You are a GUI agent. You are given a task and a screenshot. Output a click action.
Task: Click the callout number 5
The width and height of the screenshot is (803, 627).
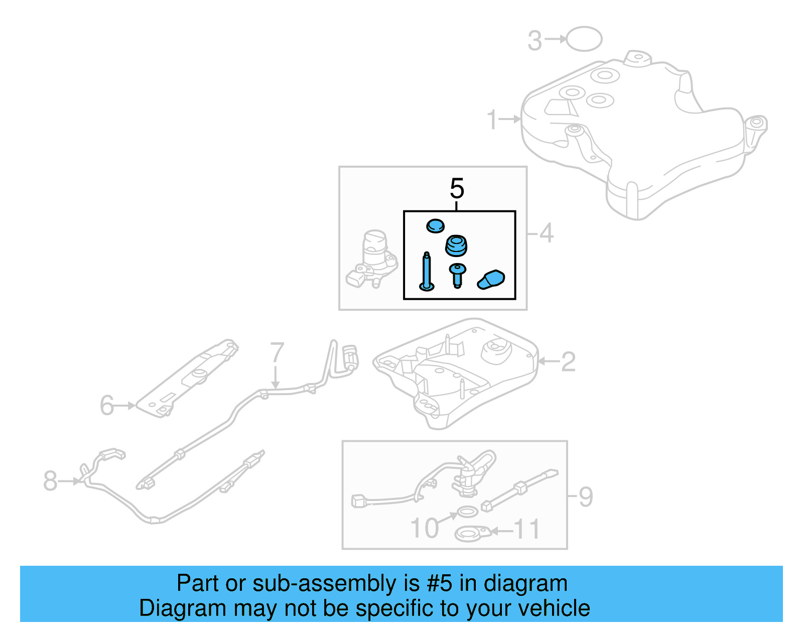pos(457,189)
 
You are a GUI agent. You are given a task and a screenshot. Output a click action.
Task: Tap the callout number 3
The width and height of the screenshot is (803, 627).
pos(534,41)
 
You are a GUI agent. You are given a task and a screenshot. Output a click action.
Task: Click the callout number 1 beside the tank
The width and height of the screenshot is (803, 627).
pos(492,119)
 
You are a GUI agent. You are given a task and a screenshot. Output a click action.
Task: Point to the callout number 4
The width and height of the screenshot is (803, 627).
pos(546,233)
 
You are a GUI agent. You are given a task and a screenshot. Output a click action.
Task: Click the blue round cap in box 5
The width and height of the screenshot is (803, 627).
pos(435,226)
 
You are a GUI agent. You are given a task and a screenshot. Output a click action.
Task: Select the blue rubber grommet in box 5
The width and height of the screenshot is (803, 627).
pos(456,245)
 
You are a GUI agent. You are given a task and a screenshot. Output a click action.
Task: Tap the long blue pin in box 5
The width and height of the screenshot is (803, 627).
pos(427,273)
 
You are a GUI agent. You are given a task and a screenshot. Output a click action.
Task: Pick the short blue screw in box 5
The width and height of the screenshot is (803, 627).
pos(457,275)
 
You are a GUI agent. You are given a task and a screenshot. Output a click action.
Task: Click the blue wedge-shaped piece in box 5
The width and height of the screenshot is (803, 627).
pos(491,280)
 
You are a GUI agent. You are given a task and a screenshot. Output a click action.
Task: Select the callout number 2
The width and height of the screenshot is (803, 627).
pos(568,361)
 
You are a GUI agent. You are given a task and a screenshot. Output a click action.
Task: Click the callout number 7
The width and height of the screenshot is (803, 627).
pos(277,353)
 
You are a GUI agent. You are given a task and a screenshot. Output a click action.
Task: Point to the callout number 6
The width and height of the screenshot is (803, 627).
pos(107,406)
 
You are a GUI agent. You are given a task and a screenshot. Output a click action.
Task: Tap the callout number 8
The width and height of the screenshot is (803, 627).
pos(50,481)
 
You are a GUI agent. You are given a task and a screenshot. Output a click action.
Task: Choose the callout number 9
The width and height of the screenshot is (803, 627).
pos(586,497)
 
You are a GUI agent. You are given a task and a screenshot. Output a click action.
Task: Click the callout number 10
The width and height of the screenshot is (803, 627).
pos(425,528)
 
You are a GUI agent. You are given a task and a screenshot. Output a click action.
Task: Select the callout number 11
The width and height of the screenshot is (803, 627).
pos(527,530)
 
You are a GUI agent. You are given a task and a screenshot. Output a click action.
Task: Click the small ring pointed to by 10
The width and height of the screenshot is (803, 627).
pos(467,513)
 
